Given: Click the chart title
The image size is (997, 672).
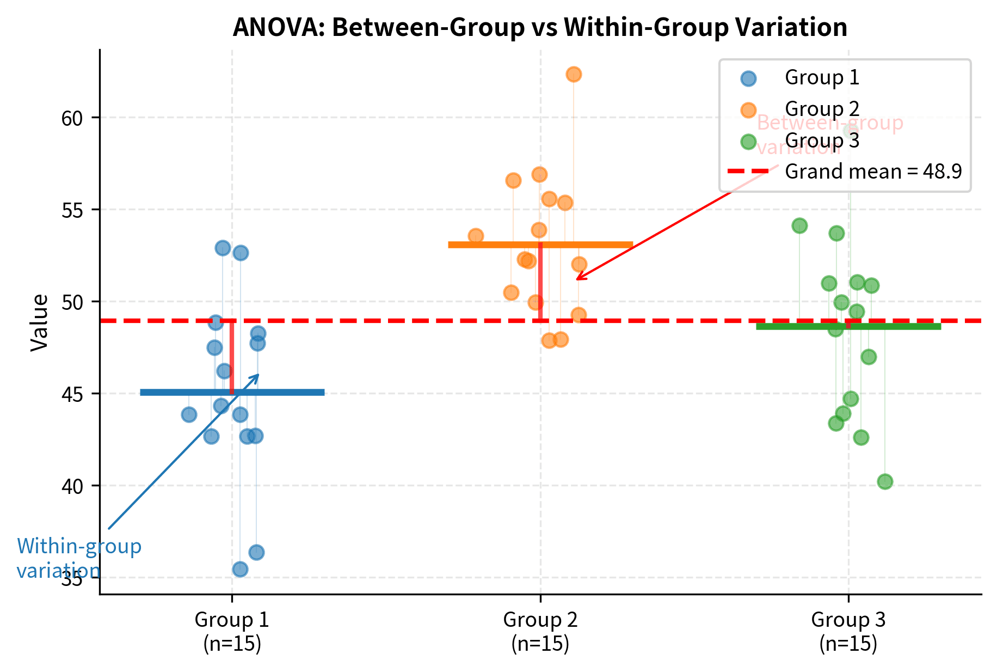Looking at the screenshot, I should pyautogui.click(x=539, y=27).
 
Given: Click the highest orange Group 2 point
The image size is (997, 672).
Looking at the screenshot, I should pyautogui.click(x=574, y=74).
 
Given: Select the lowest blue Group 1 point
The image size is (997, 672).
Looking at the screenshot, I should pyautogui.click(x=240, y=569).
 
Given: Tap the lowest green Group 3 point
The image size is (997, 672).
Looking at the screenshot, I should pyautogui.click(x=885, y=481).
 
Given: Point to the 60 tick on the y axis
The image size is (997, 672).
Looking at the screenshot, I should pyautogui.click(x=72, y=118).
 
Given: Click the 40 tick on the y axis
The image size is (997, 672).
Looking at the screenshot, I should pyautogui.click(x=72, y=485).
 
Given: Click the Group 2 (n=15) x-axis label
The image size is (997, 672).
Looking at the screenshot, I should pyautogui.click(x=540, y=631).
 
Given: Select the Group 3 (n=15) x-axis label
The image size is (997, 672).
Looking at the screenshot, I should pyautogui.click(x=848, y=631).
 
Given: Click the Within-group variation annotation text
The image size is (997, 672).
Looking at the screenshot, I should pyautogui.click(x=78, y=558).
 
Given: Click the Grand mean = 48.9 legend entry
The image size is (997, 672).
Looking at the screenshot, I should pyautogui.click(x=873, y=172).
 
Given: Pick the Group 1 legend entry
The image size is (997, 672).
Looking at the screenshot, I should pyautogui.click(x=822, y=78).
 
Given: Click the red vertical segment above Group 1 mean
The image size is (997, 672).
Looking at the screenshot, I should pyautogui.click(x=232, y=357).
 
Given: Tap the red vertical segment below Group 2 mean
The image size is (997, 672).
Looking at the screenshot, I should pyautogui.click(x=540, y=283).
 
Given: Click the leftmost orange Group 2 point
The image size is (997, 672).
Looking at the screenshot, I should pyautogui.click(x=476, y=236).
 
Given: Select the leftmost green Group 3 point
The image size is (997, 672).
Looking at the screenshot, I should pyautogui.click(x=799, y=225).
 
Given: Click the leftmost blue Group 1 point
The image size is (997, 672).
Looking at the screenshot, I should pyautogui.click(x=189, y=414).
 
